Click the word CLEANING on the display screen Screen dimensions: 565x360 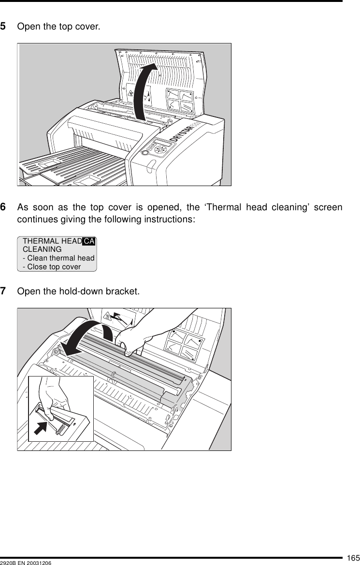[x=42, y=249]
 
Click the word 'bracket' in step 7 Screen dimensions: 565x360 [x=126, y=291]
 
